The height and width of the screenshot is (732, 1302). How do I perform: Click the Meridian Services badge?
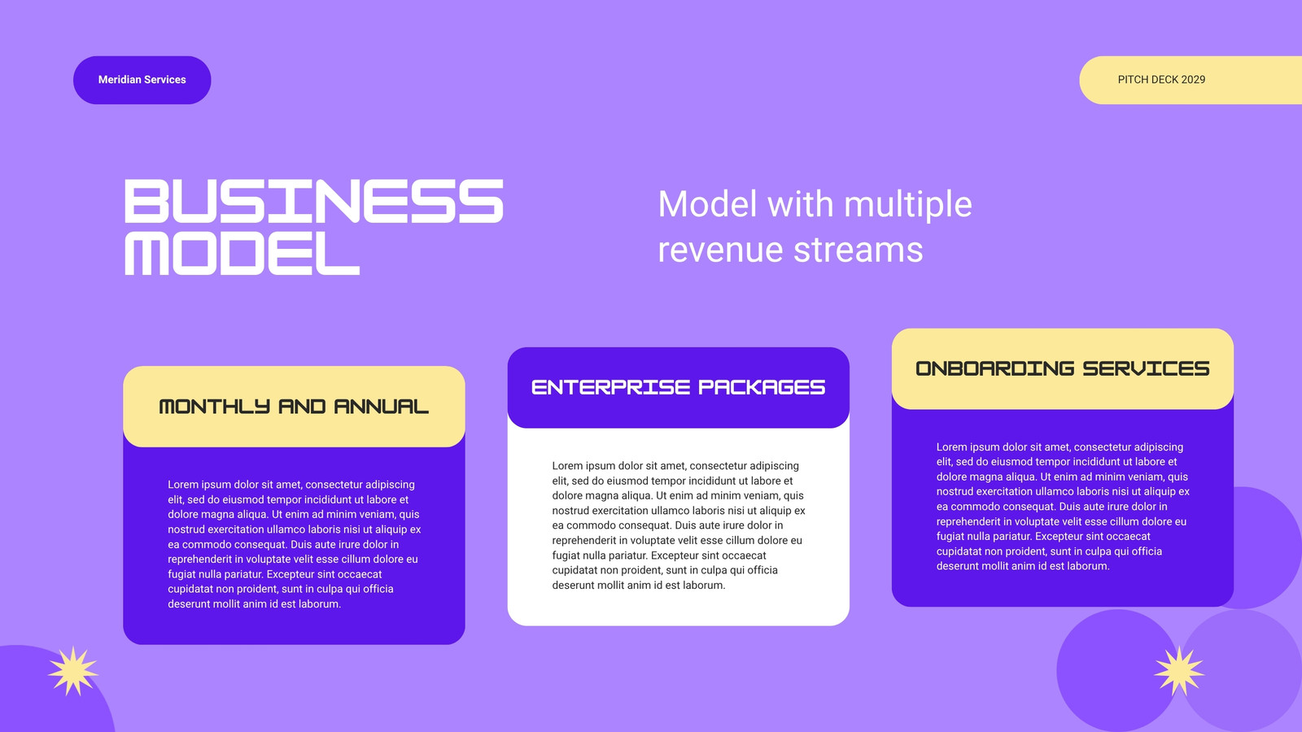point(142,81)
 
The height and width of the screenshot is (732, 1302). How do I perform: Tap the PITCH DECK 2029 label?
point(1161,80)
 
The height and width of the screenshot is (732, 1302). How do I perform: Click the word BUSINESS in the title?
point(314,201)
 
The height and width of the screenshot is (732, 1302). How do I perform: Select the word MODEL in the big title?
point(242,253)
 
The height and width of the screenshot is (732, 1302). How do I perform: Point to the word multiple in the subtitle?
point(908,205)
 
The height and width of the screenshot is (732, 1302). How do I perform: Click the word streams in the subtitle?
point(858,250)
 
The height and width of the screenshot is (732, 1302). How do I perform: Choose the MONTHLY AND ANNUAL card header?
point(294,407)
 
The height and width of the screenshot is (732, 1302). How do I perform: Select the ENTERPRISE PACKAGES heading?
point(679,387)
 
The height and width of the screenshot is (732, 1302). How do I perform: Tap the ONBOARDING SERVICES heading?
point(1063,368)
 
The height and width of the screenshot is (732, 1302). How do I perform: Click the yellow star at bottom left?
point(73,671)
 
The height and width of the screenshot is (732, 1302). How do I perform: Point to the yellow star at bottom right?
point(1179,671)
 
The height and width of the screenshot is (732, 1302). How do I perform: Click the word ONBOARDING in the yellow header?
point(994,368)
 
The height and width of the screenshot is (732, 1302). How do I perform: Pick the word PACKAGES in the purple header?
point(762,387)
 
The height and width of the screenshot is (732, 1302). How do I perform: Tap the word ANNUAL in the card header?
point(382,407)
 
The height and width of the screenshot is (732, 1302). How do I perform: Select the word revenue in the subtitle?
point(720,250)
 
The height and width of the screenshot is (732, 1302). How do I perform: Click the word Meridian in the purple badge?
point(119,80)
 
